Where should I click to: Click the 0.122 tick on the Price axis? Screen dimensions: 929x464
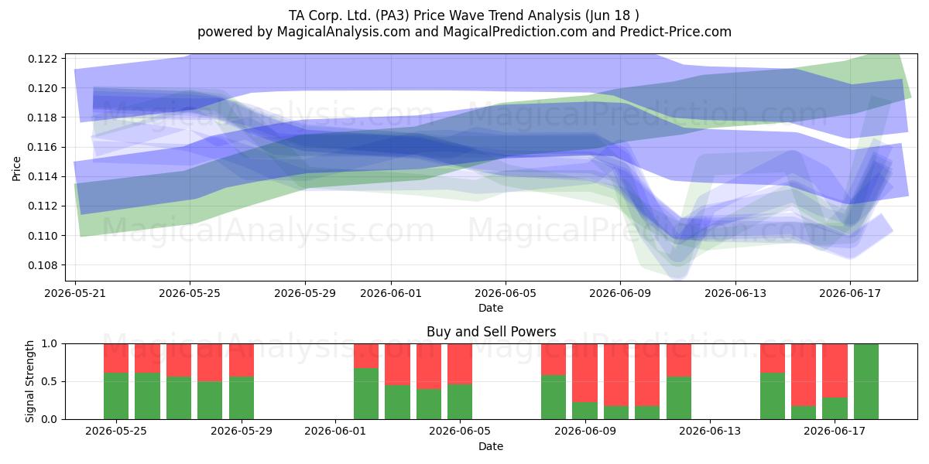43,59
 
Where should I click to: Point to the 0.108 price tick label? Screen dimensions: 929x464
43,265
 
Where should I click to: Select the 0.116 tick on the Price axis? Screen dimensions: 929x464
43,147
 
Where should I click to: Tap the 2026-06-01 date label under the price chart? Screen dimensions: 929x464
391,293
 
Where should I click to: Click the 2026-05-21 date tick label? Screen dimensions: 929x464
75,293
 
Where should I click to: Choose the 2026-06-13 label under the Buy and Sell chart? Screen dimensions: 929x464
710,431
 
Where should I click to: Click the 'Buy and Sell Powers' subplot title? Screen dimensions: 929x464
491,332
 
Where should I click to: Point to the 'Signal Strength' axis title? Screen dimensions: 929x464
29,381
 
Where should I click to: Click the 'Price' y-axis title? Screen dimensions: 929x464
16,169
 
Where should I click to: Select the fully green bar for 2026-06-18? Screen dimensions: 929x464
866,381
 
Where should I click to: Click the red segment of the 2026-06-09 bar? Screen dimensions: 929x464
584,373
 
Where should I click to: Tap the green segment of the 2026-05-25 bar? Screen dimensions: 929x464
116,396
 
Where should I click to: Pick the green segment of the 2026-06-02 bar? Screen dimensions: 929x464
366,394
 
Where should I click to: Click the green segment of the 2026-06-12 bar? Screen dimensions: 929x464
679,397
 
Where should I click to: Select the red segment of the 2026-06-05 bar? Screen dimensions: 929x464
460,364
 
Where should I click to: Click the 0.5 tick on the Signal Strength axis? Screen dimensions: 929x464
50,381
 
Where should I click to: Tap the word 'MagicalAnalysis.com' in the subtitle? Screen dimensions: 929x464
344,32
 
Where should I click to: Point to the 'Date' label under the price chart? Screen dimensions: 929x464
491,308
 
